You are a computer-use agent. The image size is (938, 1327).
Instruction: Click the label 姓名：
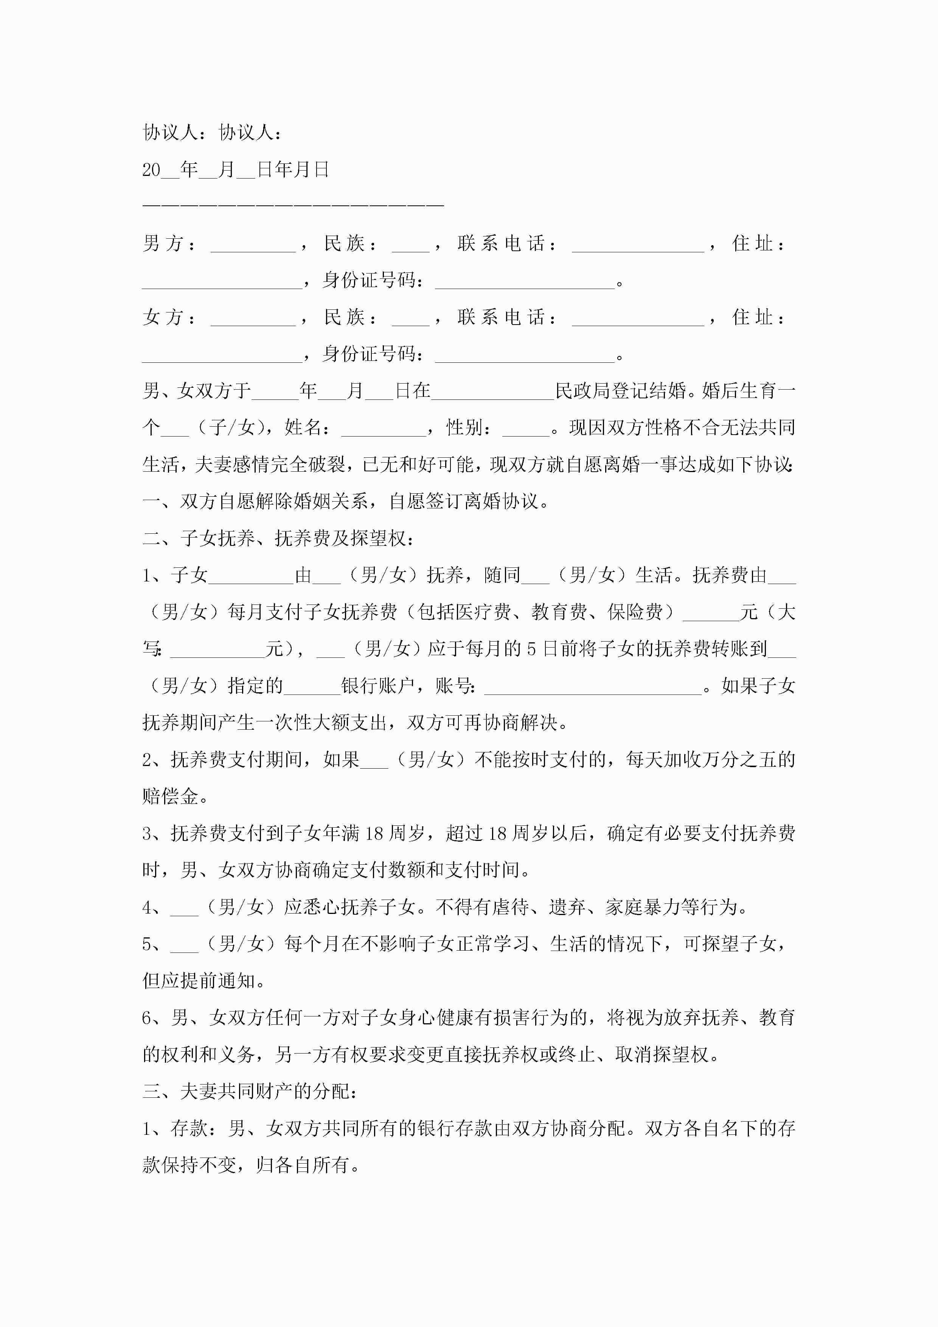pyautogui.click(x=308, y=428)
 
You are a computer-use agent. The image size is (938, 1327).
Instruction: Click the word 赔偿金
pyautogui.click(x=171, y=796)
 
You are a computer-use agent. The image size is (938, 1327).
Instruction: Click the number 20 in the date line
pyautogui.click(x=151, y=170)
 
